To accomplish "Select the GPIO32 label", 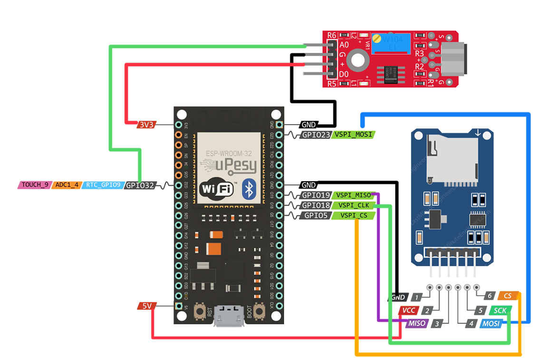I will (x=141, y=185).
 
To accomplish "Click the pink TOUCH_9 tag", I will (x=35, y=185).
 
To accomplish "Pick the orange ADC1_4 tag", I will (x=67, y=185).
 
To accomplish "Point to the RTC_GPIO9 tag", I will (x=103, y=185).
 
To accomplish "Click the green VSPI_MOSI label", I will (x=353, y=135).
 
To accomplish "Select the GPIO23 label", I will (x=316, y=135).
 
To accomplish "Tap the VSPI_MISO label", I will (x=353, y=195).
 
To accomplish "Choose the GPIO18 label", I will (x=316, y=205).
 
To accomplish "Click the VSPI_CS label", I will (x=353, y=215).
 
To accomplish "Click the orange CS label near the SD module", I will (x=507, y=296).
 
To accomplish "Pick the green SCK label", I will (x=500, y=311).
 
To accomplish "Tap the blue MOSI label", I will (x=491, y=324).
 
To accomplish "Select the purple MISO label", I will (x=416, y=323).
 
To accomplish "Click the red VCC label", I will (x=408, y=311).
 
